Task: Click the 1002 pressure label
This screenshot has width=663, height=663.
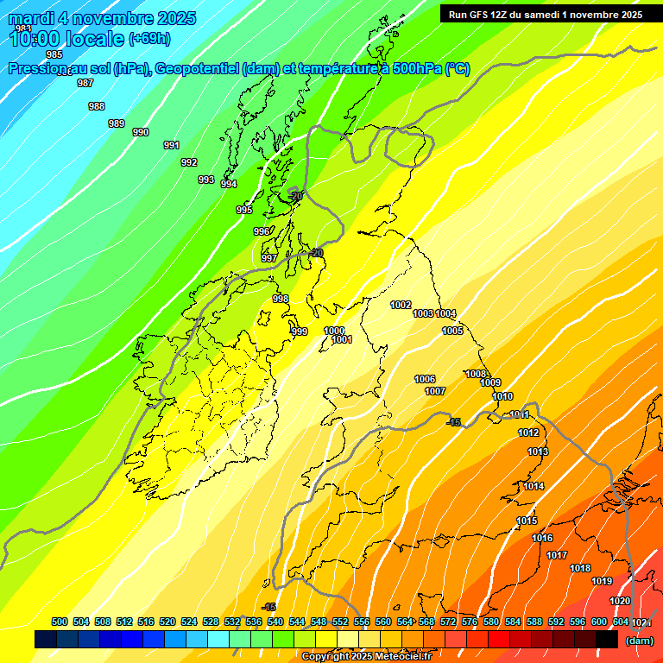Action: [x=401, y=305]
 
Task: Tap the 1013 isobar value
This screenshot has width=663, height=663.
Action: [x=538, y=451]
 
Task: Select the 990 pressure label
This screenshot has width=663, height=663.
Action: [x=141, y=132]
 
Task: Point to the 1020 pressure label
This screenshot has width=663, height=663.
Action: [x=620, y=601]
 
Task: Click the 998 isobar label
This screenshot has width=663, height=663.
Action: [x=281, y=299]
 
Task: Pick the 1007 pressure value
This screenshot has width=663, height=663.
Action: [x=435, y=391]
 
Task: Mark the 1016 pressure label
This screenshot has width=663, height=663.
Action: [x=542, y=538]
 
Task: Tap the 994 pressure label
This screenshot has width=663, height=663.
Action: [x=229, y=184]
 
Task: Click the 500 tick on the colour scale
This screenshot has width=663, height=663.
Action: [x=60, y=622]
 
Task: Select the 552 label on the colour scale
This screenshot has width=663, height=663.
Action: [x=340, y=622]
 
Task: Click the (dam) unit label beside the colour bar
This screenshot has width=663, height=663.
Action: [x=640, y=641]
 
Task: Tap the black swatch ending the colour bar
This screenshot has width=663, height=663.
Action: [x=607, y=640]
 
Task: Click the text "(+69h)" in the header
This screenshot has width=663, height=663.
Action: [x=149, y=38]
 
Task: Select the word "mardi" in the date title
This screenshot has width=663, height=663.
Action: [x=30, y=18]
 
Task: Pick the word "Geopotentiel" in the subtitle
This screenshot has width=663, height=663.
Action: [x=198, y=69]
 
